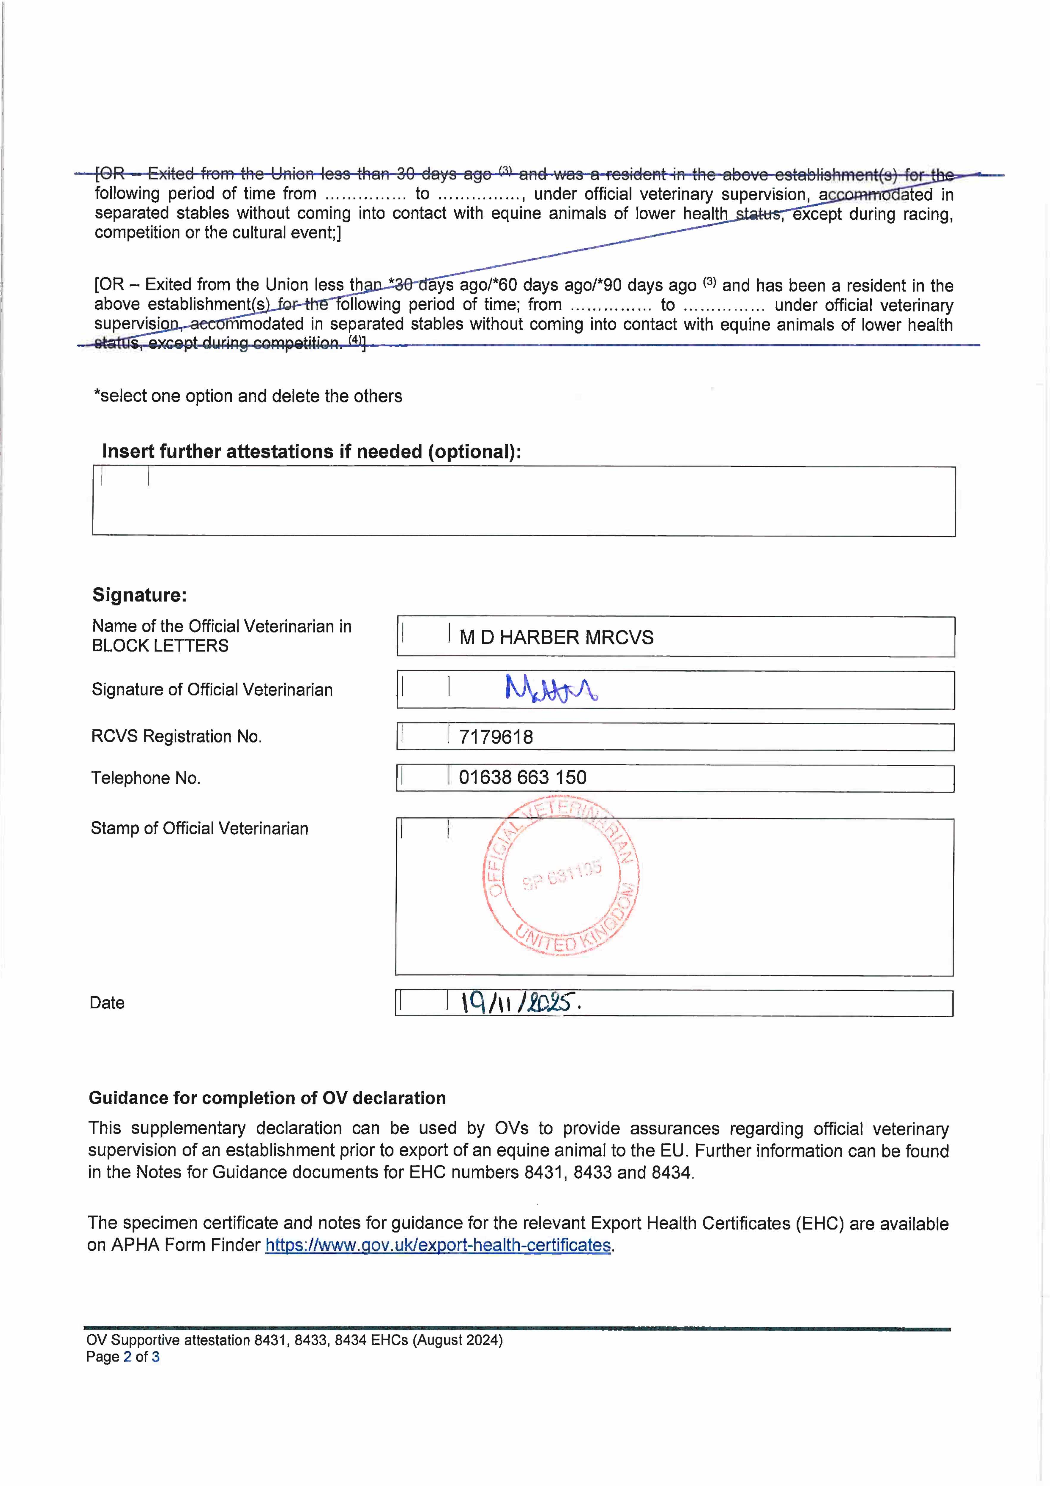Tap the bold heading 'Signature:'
point(139,595)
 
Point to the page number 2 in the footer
point(127,1357)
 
